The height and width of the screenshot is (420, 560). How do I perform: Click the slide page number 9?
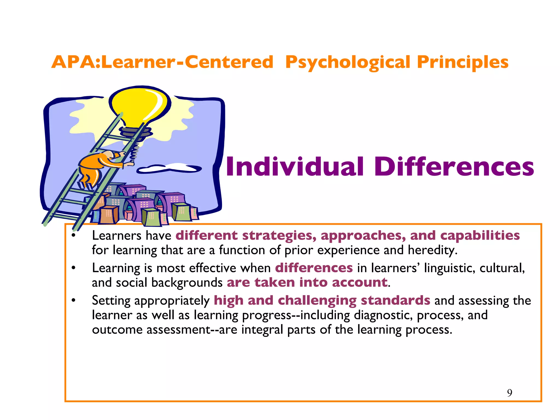point(510,393)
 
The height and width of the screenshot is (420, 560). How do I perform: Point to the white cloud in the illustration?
point(170,168)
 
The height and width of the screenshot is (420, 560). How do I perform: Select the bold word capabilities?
point(480,235)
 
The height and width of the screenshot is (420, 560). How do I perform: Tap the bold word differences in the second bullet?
point(314,268)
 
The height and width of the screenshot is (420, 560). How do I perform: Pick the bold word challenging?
point(317,301)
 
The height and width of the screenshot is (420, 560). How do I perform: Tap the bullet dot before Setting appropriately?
point(73,301)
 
